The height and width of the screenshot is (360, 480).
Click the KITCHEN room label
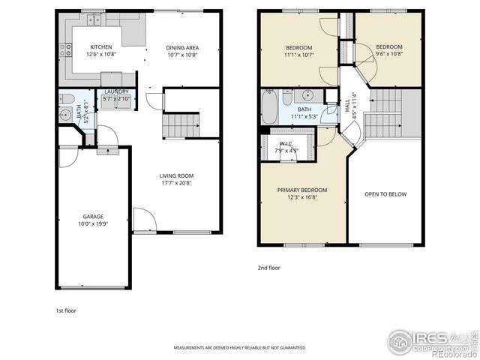click(101, 46)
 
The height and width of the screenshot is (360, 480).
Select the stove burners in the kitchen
click(65, 50)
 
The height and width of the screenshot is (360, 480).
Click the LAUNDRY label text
click(116, 92)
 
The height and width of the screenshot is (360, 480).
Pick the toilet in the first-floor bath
click(67, 99)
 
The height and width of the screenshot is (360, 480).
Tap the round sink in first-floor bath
click(63, 115)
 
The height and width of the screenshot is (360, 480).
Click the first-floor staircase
click(181, 125)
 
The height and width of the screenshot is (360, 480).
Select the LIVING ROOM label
click(176, 176)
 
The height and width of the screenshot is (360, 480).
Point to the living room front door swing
click(144, 219)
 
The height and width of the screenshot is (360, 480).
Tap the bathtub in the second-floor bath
click(269, 106)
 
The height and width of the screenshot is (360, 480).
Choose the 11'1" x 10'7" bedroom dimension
click(298, 55)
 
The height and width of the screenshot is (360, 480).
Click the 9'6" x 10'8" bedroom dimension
click(389, 55)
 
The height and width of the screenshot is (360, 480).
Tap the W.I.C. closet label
click(286, 143)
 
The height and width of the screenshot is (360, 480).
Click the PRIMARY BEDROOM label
click(302, 190)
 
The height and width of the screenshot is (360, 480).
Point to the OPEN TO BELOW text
click(385, 194)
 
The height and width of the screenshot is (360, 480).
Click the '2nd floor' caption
click(269, 267)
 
